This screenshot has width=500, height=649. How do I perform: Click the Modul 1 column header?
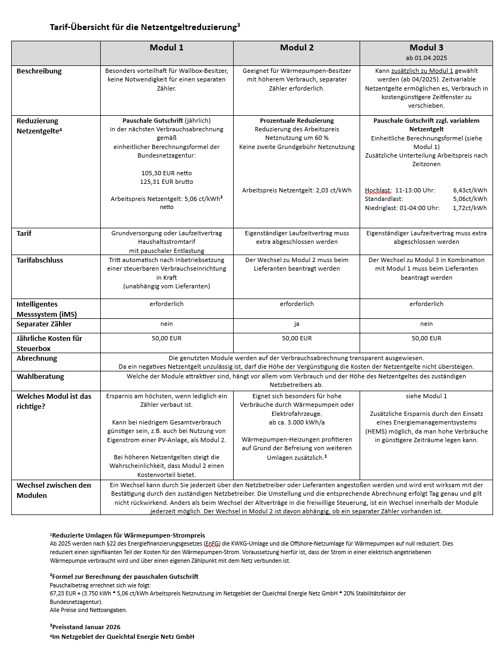tap(167, 48)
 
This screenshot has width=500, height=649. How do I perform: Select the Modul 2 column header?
tap(297, 48)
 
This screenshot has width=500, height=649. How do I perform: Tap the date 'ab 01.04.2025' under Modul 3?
tap(427, 58)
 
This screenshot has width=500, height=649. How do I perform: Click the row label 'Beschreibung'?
tap(39, 71)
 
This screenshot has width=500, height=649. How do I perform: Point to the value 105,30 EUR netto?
tap(167, 173)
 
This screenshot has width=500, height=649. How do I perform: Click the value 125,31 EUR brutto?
tap(167, 182)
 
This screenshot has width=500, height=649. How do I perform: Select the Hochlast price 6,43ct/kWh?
tap(470, 190)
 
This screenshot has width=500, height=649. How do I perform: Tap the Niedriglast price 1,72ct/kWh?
tap(470, 208)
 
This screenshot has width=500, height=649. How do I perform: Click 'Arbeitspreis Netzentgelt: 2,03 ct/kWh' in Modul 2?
tap(297, 190)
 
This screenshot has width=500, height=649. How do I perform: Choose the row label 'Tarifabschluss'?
tap(40, 260)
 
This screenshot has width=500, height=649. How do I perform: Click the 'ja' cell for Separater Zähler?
tap(297, 324)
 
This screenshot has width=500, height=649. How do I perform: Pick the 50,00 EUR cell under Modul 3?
tap(427, 338)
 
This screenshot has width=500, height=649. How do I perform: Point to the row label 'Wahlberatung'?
tap(40, 376)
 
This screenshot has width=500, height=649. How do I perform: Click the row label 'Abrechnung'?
tap(37, 358)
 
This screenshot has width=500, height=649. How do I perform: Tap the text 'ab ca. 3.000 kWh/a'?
tap(297, 422)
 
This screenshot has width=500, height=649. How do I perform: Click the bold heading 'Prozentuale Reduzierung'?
tap(297, 121)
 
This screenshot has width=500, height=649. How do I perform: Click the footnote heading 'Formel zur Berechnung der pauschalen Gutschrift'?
tap(125, 576)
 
